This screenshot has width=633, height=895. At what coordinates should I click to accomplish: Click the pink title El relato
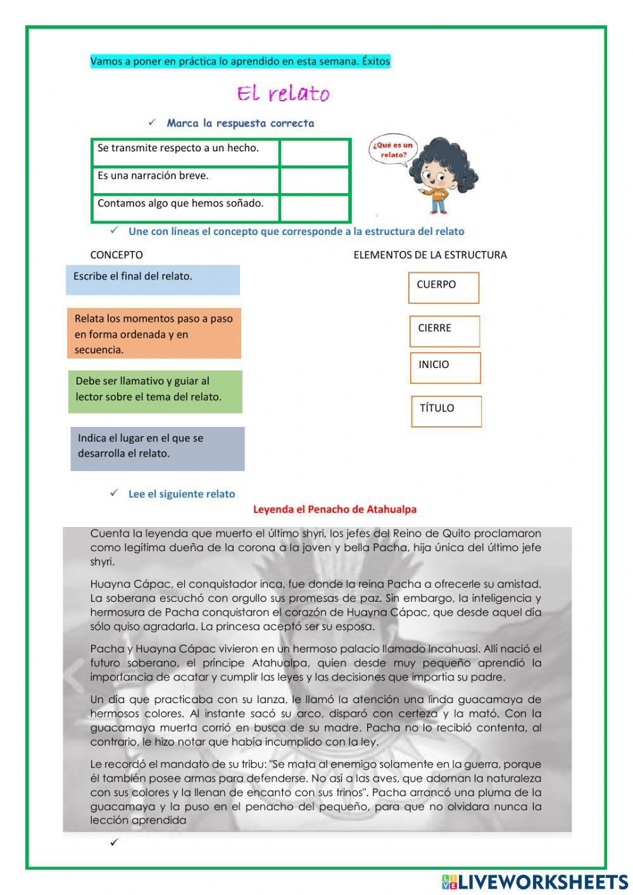click(x=283, y=94)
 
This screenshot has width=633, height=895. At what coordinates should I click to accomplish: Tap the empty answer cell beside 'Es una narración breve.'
click(x=315, y=181)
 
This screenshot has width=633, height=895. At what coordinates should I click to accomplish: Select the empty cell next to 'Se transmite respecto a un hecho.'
click(x=315, y=153)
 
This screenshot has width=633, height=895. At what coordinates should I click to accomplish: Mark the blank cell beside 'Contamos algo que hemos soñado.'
click(x=315, y=208)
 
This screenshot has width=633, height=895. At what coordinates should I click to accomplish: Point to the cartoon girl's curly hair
click(x=443, y=158)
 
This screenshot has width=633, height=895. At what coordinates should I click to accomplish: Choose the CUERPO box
click(x=444, y=288)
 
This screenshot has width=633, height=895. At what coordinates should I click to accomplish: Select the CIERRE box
click(x=444, y=331)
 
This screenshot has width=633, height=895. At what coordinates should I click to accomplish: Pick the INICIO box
click(x=445, y=368)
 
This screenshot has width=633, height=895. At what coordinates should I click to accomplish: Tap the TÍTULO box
click(x=446, y=412)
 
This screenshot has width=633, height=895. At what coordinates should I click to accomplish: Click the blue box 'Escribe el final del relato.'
click(x=153, y=279)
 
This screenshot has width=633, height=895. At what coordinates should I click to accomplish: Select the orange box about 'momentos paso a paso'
click(x=154, y=333)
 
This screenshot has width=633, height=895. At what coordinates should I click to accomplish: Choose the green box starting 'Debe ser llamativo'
click(x=155, y=391)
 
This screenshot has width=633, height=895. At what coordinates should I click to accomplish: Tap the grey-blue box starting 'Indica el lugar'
click(x=157, y=448)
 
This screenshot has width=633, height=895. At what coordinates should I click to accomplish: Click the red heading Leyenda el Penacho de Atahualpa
click(x=335, y=509)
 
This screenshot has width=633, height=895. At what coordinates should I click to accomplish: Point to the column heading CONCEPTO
click(x=116, y=255)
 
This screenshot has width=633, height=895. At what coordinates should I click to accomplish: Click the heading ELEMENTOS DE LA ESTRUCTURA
click(x=430, y=255)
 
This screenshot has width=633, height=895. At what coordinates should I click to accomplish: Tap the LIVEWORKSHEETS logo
click(x=534, y=882)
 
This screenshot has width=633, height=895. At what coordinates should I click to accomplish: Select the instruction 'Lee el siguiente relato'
click(x=181, y=494)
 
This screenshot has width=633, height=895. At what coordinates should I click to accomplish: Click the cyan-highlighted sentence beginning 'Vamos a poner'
click(x=240, y=61)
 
